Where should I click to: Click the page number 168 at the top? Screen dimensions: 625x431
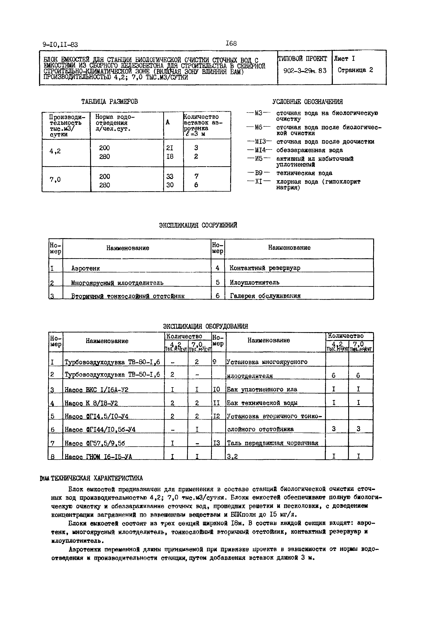click(231, 43)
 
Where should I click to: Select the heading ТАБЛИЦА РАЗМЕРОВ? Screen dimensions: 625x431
click(110, 102)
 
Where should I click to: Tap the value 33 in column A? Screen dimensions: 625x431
click(170, 176)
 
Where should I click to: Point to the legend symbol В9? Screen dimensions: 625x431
click(259, 173)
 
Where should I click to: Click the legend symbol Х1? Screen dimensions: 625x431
click(259, 182)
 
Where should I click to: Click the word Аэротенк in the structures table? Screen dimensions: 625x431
click(86, 268)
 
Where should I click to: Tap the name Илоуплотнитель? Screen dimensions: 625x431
click(254, 282)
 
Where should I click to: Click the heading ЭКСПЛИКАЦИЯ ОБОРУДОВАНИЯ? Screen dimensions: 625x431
click(206, 326)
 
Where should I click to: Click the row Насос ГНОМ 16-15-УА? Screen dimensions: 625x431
click(98, 457)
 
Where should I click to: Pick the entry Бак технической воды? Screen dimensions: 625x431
click(262, 403)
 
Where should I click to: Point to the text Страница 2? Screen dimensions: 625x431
click(355, 70)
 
